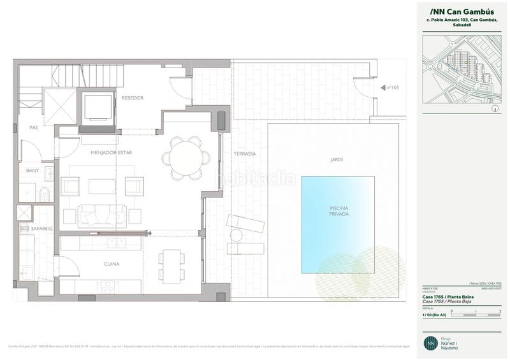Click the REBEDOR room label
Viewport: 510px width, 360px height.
133,97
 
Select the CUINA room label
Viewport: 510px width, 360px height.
112,263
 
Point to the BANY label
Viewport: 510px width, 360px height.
33,171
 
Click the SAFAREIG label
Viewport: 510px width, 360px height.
33,227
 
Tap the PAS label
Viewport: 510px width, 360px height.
34,127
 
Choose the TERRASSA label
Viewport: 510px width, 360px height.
244,154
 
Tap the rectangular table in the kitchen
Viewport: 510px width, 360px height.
170,263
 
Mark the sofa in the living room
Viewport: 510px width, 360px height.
102,215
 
